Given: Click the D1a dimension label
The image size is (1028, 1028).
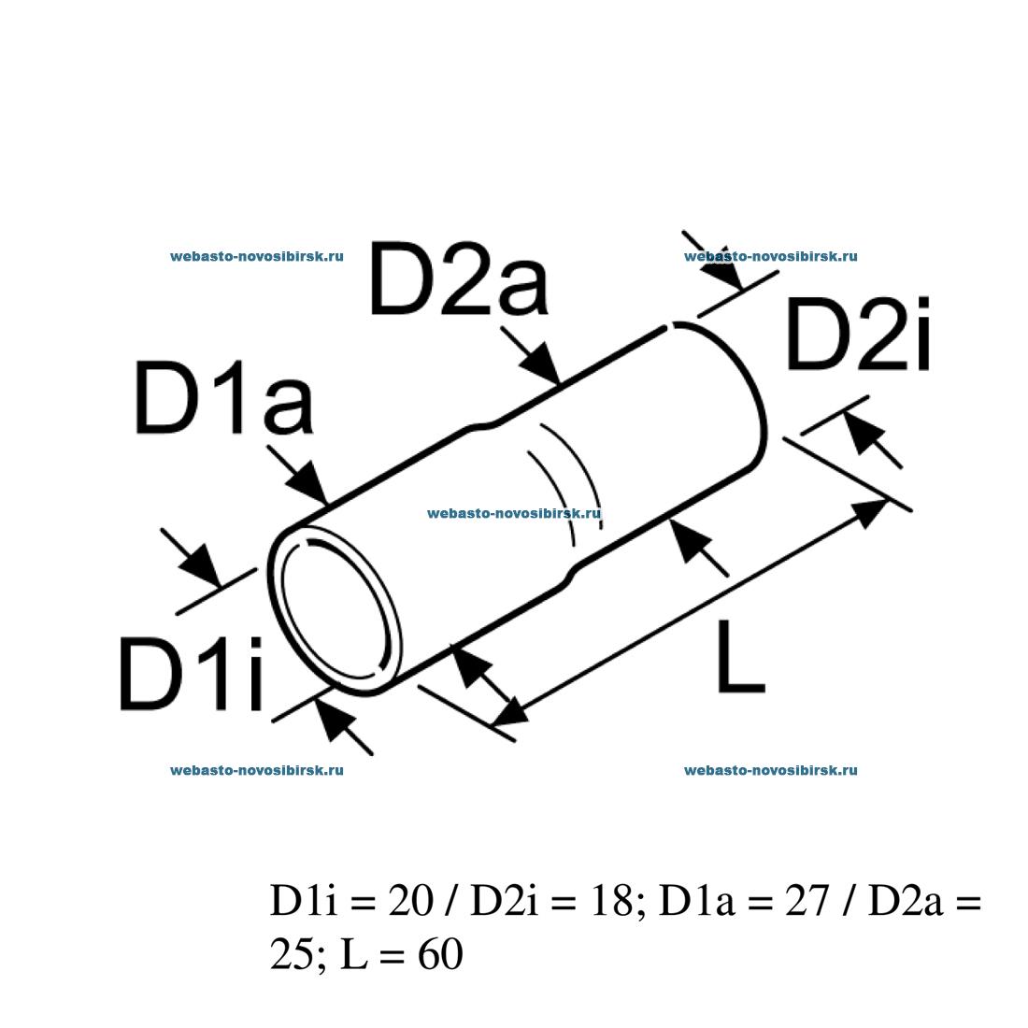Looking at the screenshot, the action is click(x=223, y=398).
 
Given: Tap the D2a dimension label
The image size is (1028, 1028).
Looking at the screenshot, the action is click(x=458, y=279).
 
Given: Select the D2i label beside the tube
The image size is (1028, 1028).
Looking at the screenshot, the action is click(x=858, y=335).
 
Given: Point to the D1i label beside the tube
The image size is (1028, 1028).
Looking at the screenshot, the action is click(x=192, y=673).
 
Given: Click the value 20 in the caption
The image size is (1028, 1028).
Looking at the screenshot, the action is click(x=410, y=900).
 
